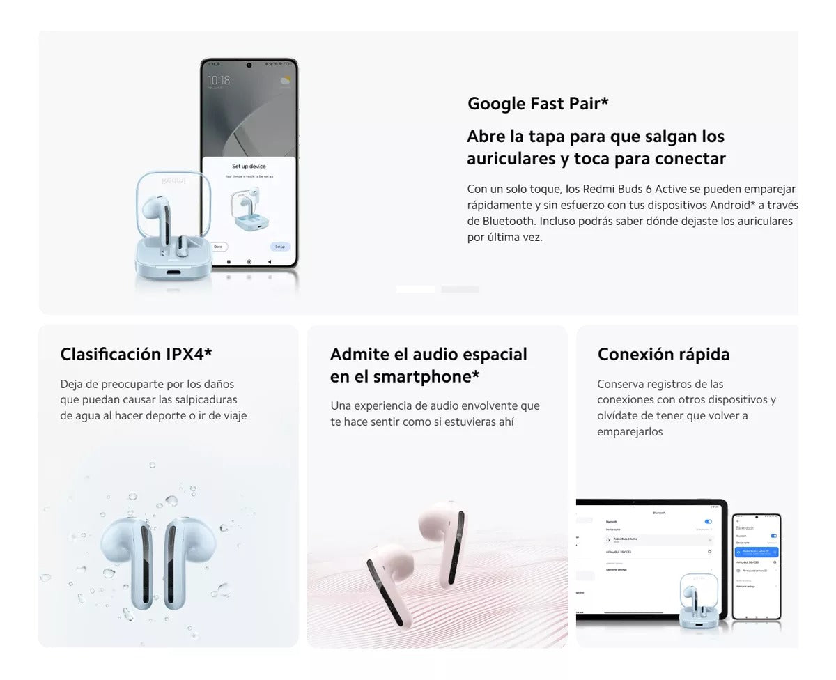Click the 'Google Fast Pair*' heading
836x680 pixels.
538,104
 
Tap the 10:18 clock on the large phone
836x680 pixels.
219,81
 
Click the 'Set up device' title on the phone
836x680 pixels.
249,167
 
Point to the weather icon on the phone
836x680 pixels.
285,81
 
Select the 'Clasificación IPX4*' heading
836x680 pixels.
136,354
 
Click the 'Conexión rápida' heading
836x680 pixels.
663,354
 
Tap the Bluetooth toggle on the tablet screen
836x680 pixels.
709,521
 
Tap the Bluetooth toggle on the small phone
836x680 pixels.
773,536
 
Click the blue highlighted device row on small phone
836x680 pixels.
756,552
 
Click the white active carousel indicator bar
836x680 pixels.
415,289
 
